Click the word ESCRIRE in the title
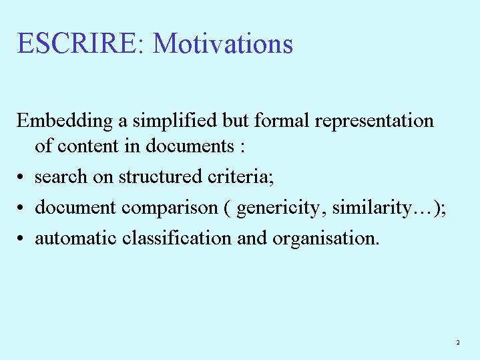[x=76, y=43]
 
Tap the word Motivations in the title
[x=223, y=43]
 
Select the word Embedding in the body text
[x=65, y=121]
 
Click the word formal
[x=281, y=120]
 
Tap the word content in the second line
[x=88, y=146]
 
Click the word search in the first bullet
[x=61, y=176]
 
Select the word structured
[x=160, y=176]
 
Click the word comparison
[x=170, y=208]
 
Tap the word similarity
[x=373, y=208]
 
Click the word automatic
[x=75, y=238]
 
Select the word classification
[x=177, y=238]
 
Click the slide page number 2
[x=458, y=342]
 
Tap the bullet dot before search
[x=20, y=177]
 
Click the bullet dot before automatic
[x=20, y=238]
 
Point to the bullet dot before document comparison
[x=20, y=208]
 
